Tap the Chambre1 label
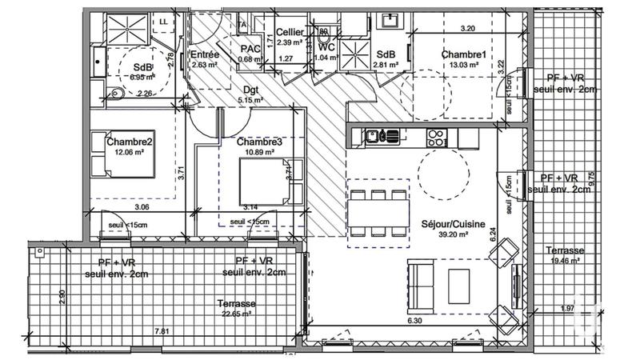463,54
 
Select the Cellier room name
289,32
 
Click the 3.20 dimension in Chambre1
469,28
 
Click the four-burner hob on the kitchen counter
437,137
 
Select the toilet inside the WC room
323,35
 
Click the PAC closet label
250,48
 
